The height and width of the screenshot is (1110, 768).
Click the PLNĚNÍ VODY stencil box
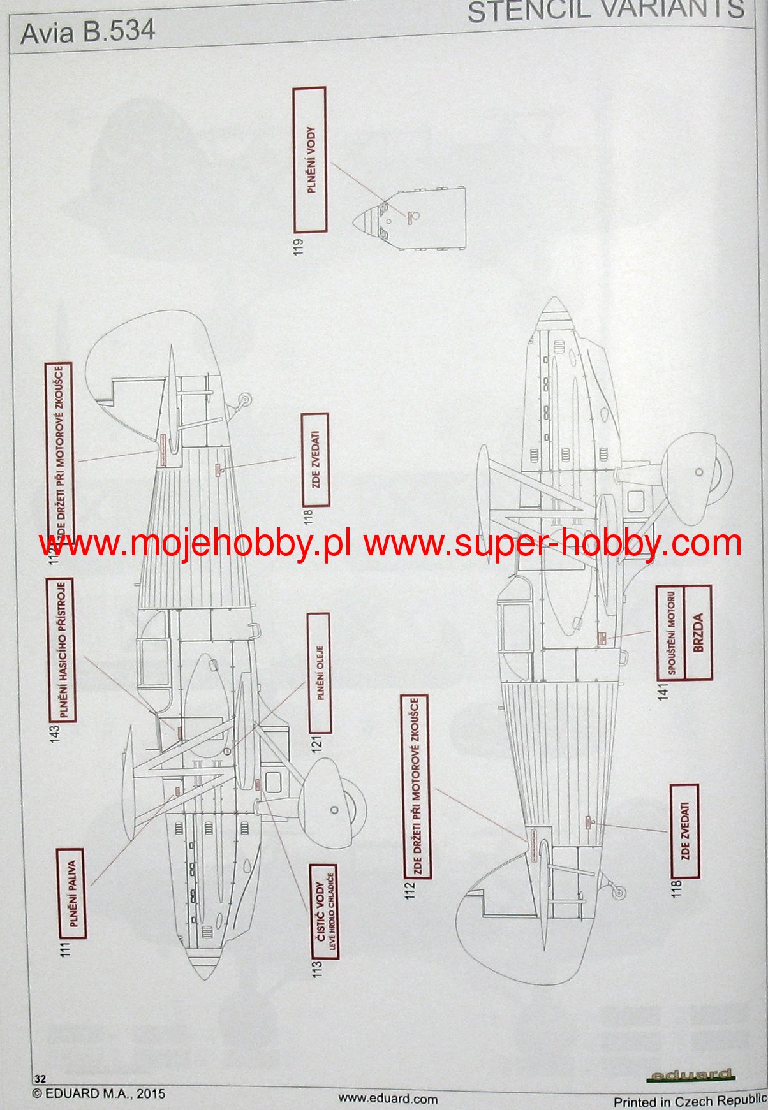click(x=309, y=160)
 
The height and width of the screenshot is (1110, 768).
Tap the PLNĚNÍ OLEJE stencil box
click(x=319, y=673)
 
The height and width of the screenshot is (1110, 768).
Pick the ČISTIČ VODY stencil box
click(x=324, y=912)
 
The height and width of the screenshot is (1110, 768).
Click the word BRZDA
click(x=697, y=632)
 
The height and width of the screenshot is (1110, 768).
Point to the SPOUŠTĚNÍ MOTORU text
click(x=670, y=632)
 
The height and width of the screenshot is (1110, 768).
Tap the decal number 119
click(x=299, y=246)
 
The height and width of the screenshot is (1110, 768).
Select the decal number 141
click(x=663, y=691)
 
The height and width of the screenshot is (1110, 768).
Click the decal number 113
click(x=318, y=968)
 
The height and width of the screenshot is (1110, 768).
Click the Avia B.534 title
click(x=87, y=32)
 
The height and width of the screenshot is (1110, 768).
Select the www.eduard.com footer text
click(x=387, y=1098)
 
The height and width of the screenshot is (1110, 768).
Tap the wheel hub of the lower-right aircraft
click(x=699, y=472)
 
